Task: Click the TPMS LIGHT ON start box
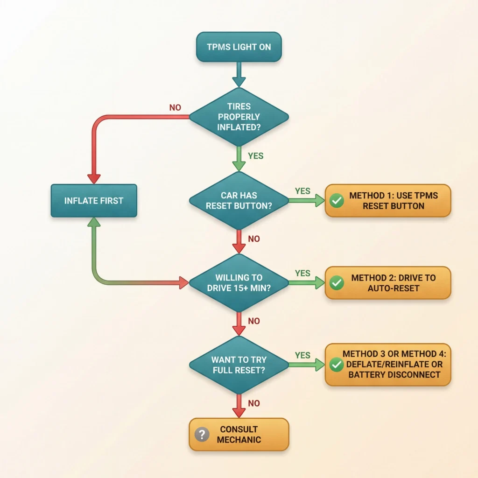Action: (x=239, y=47)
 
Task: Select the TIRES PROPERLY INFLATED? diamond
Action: (x=239, y=116)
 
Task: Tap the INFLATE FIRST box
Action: (x=94, y=201)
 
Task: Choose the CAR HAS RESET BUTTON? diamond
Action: (x=239, y=201)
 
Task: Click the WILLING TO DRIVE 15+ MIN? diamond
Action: (x=239, y=282)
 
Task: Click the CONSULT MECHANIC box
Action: (x=239, y=434)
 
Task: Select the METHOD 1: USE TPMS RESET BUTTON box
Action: (x=387, y=201)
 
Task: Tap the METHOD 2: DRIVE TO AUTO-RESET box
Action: (x=387, y=283)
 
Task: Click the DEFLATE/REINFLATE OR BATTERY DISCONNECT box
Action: (x=387, y=365)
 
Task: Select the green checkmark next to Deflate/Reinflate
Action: (x=336, y=365)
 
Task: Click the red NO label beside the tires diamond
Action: (x=175, y=108)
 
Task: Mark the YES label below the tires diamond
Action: (x=255, y=155)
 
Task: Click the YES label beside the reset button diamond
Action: (x=302, y=191)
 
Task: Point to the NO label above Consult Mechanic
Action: (x=253, y=403)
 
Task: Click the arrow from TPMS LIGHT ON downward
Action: (x=239, y=75)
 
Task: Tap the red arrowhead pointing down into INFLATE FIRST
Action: (x=94, y=179)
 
